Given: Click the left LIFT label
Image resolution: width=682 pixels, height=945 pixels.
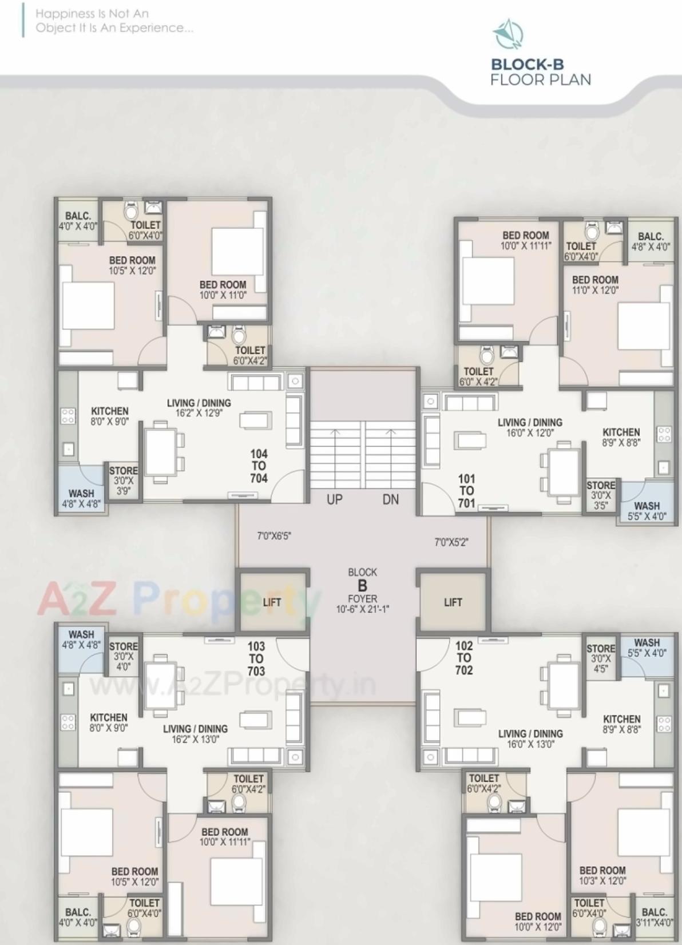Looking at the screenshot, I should [272, 602].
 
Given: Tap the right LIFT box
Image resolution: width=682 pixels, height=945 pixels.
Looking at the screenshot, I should [453, 602].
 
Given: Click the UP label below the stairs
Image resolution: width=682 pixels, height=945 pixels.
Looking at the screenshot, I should [335, 499].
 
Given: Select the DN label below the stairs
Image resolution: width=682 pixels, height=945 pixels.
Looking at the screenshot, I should [391, 499].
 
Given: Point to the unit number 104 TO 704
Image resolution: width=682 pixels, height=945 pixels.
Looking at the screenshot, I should [259, 466].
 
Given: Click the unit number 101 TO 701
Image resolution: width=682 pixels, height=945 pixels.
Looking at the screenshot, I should [466, 491].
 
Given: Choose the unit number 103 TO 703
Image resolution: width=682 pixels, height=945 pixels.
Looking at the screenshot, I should [256, 658].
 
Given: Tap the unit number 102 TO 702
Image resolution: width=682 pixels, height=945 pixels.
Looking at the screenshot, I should [464, 658].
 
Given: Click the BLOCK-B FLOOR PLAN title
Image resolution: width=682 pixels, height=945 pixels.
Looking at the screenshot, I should [540, 72].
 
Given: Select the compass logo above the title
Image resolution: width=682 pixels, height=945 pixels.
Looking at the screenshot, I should [508, 34].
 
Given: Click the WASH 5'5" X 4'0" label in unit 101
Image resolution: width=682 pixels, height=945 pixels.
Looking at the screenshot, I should [647, 511].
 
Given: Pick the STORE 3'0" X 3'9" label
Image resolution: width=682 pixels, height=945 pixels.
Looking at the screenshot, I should [124, 481].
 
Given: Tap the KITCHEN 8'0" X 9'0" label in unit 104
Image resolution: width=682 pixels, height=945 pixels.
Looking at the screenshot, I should [110, 416].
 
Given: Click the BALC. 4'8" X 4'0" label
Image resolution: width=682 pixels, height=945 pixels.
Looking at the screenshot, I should [651, 241].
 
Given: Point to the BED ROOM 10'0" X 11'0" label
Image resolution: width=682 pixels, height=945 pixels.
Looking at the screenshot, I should [223, 289].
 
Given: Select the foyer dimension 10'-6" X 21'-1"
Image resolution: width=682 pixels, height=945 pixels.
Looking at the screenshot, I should [362, 609].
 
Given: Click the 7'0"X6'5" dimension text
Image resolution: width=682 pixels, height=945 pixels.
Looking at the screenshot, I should [274, 536].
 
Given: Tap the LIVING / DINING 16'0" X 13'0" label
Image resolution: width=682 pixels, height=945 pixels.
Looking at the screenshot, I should [530, 738].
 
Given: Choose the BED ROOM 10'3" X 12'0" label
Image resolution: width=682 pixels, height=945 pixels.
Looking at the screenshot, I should [602, 875].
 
